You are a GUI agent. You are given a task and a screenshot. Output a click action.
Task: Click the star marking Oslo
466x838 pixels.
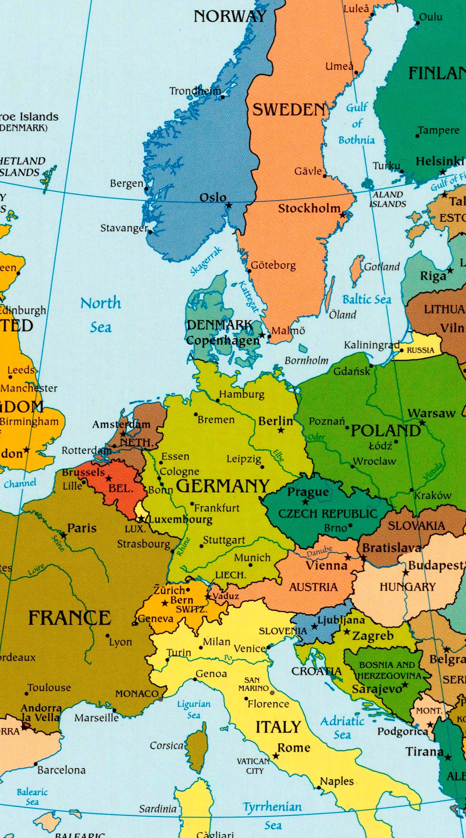(x=229, y=205)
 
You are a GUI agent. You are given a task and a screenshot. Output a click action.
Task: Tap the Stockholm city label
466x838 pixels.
(x=309, y=208)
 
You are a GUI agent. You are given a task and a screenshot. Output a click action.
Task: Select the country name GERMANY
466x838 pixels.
(x=223, y=486)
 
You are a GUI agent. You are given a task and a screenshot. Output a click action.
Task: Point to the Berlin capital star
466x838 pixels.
(x=281, y=430)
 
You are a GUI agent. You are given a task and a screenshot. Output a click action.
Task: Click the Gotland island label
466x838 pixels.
(x=381, y=267)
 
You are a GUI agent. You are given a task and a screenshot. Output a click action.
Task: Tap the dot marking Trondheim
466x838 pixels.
(x=223, y=97)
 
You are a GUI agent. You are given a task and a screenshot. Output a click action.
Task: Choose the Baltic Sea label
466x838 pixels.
(x=367, y=300)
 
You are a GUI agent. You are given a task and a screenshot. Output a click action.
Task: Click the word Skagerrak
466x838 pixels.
(x=206, y=261)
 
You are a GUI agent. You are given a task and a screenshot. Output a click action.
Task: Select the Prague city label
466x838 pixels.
(x=308, y=492)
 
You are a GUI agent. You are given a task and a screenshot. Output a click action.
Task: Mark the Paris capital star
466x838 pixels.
(x=64, y=535)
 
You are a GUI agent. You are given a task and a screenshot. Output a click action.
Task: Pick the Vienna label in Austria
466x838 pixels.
(x=326, y=565)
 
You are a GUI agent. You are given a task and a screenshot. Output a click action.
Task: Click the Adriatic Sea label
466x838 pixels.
(x=342, y=728)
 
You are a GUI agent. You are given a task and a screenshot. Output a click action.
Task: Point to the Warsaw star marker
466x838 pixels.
(x=422, y=423)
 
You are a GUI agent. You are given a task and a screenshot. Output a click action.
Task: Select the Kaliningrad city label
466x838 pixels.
(x=371, y=345)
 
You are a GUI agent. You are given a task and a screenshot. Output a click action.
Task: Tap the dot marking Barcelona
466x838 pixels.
(x=36, y=764)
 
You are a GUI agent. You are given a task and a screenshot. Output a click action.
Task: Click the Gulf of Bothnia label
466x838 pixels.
(x=357, y=124)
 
